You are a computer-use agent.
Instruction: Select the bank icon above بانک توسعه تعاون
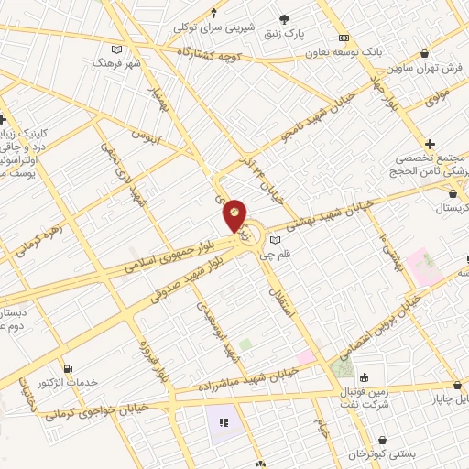344,38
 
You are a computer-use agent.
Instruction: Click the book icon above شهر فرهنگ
115,49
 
